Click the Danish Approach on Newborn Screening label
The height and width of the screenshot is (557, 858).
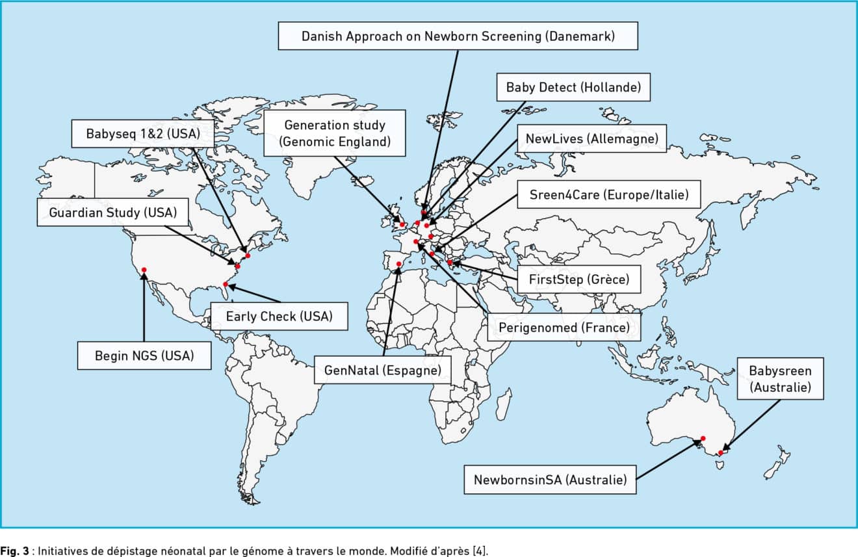click(458, 36)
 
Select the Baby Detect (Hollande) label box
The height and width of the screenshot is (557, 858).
click(573, 87)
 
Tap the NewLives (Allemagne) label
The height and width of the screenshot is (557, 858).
click(591, 138)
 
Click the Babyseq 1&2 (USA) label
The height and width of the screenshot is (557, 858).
click(143, 134)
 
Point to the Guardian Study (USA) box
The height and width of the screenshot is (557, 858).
click(112, 213)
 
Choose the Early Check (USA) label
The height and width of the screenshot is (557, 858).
click(279, 317)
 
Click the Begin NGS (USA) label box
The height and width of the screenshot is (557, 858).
click(144, 356)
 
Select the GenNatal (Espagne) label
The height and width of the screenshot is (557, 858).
click(382, 370)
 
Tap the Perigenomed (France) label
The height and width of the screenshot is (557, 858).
click(564, 327)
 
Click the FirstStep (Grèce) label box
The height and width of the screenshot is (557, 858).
click(578, 279)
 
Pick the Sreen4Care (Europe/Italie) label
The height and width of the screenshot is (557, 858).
click(609, 194)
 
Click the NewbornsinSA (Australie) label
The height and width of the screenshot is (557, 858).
click(550, 480)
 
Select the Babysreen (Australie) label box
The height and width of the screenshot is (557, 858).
click(780, 379)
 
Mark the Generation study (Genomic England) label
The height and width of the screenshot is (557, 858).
click(334, 133)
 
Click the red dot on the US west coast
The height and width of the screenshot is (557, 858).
click(144, 270)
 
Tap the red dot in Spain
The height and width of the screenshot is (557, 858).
click(398, 264)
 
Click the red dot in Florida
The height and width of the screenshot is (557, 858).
click(226, 284)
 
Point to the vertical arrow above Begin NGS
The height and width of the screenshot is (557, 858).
click(144, 307)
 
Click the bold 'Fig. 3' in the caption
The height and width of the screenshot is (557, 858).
click(14, 551)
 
